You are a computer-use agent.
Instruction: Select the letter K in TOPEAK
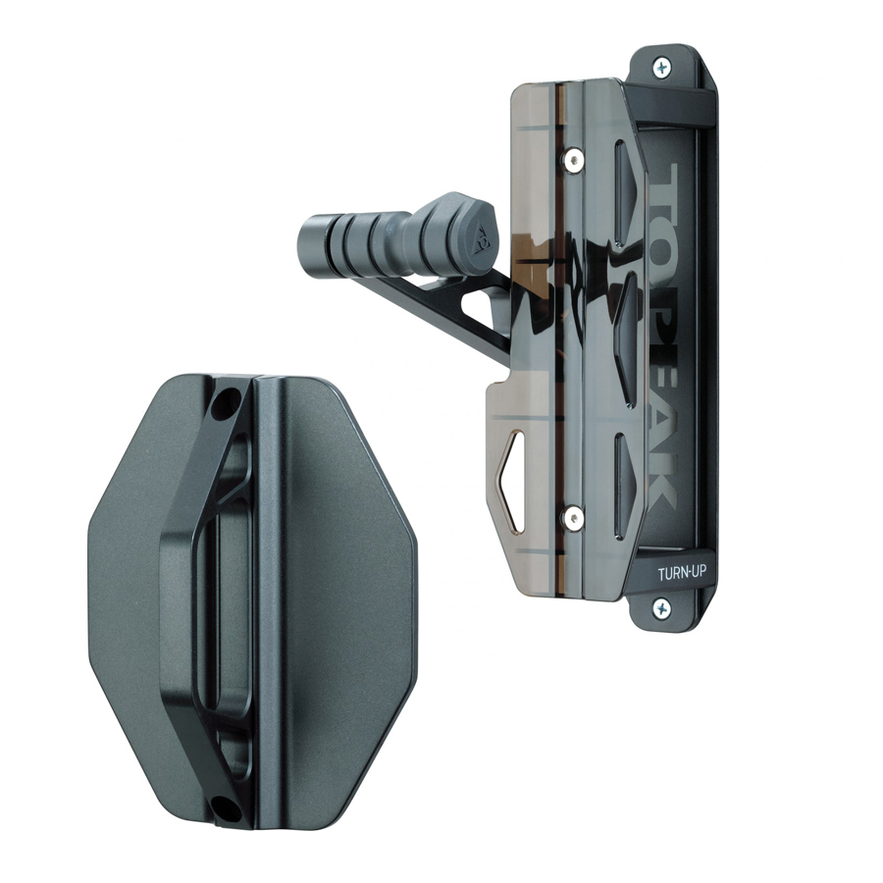[x=664, y=486]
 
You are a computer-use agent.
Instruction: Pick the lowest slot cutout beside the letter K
[x=621, y=473]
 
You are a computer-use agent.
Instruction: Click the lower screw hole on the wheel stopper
[x=225, y=808]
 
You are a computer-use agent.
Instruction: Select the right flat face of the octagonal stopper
[x=348, y=598]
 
